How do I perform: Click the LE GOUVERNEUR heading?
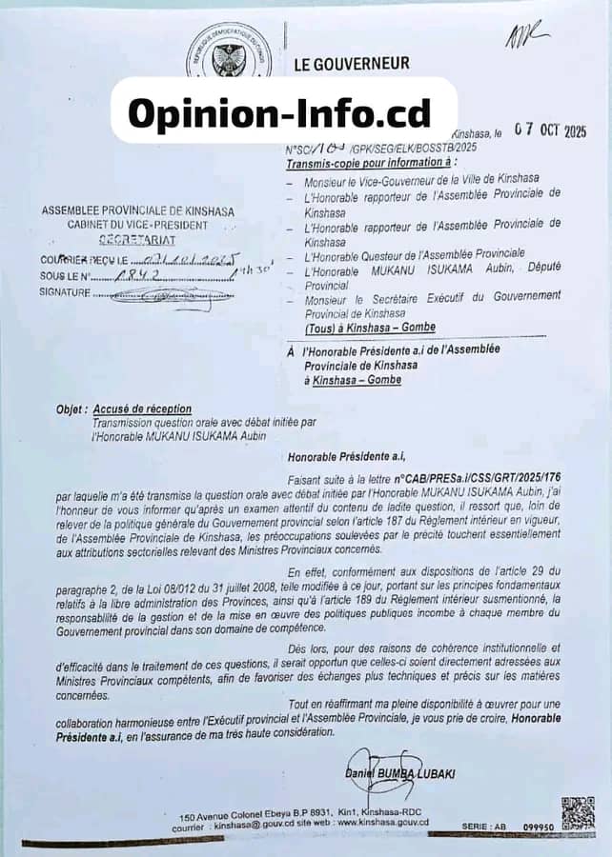(x=352, y=64)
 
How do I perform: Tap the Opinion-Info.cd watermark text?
(x=279, y=112)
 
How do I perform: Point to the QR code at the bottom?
(x=577, y=812)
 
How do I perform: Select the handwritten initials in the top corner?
(x=528, y=37)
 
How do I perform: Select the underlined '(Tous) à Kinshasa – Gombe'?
(x=359, y=329)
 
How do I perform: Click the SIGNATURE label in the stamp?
(x=65, y=293)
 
